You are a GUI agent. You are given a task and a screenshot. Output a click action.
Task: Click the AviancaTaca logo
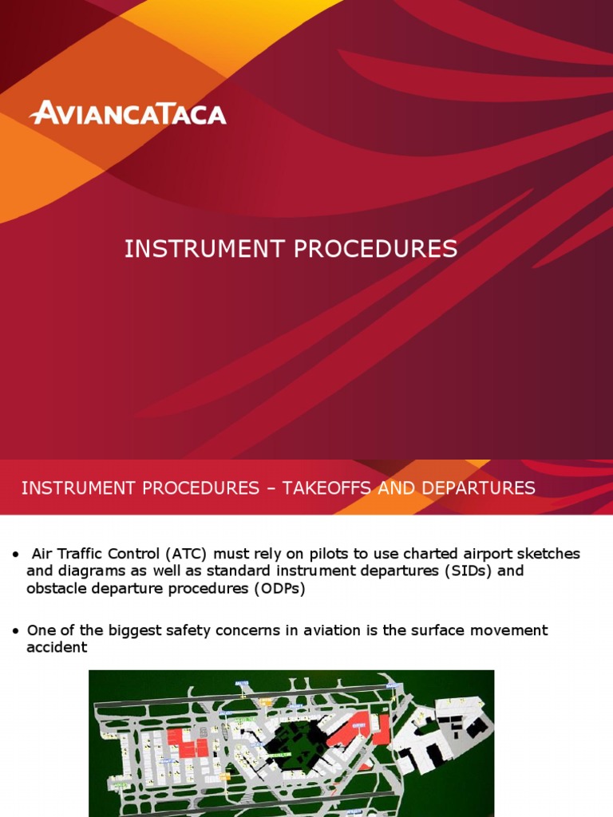[x=128, y=112]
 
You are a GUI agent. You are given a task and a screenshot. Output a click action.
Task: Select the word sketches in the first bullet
[x=548, y=554]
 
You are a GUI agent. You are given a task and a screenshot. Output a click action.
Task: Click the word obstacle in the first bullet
[x=57, y=589]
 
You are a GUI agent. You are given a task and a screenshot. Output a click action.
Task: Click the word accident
[x=57, y=647]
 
